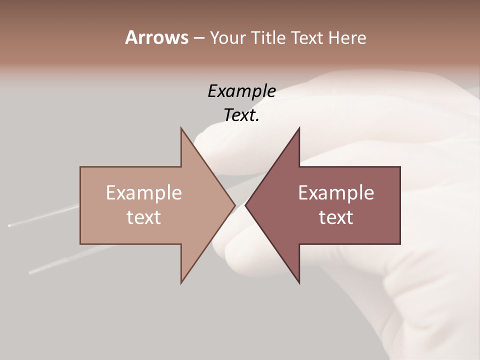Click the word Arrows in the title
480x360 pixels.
coord(156,37)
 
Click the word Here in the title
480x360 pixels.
coord(347,37)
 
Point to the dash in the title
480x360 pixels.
coord(198,38)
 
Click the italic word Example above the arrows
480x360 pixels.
coord(241,91)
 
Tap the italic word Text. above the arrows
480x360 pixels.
coord(241,115)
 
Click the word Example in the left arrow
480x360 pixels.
coord(144,193)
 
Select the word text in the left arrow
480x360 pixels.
coord(144,217)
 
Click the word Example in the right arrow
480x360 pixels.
coord(336,193)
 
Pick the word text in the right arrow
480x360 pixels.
coord(336,217)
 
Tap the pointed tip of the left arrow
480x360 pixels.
coord(234,205)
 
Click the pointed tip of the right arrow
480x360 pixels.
coord(246,205)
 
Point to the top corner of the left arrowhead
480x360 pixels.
coord(181,128)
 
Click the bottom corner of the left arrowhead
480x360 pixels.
coord(181,283)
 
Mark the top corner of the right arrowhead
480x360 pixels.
coord(299,128)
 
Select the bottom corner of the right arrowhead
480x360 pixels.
coord(299,283)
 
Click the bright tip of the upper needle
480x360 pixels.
coord(9,226)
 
